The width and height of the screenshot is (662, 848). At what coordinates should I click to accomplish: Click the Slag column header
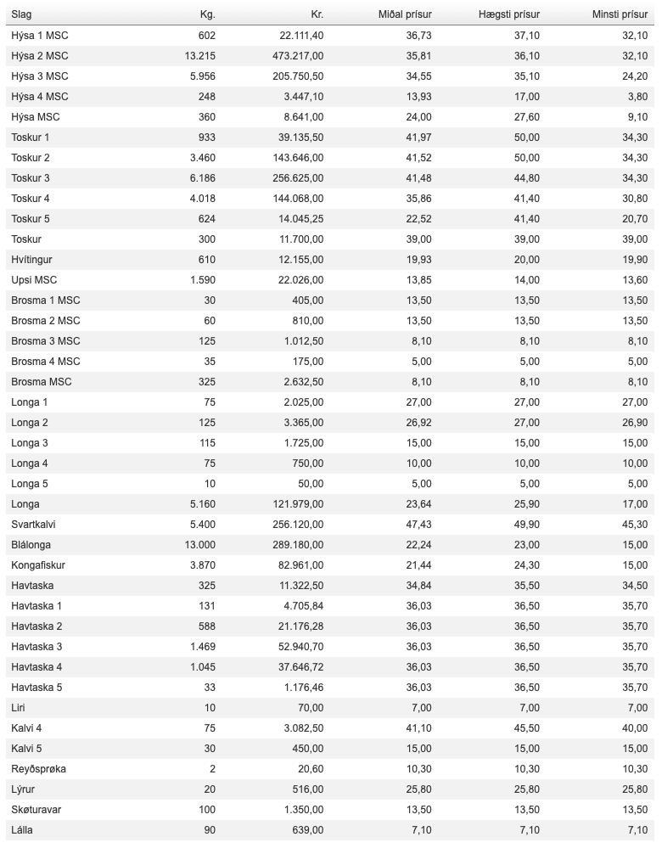click(21, 15)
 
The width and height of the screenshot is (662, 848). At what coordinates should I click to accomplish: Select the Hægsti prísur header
click(509, 15)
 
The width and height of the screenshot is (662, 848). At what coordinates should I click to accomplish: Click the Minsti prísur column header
click(620, 15)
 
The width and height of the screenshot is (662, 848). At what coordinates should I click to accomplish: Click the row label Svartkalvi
click(34, 525)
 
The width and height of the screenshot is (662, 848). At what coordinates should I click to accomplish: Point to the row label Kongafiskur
click(38, 565)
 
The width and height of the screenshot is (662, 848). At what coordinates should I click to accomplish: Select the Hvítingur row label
click(32, 260)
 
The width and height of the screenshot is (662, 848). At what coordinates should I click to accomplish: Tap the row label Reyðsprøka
click(38, 769)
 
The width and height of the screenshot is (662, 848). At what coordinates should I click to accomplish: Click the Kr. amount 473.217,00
click(296, 56)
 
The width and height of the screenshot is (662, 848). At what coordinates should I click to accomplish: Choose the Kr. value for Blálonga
click(296, 545)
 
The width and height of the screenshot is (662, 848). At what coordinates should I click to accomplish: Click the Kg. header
click(206, 15)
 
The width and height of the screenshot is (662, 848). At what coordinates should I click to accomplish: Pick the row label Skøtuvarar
click(36, 810)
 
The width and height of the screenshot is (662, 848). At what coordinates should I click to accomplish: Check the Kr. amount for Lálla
click(307, 830)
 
